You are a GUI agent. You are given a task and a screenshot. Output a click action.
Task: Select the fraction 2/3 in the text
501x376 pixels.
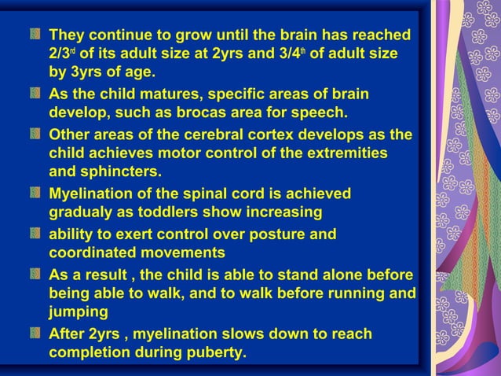coord(61,54)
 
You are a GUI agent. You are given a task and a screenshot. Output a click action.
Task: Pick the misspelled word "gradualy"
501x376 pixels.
coord(82,212)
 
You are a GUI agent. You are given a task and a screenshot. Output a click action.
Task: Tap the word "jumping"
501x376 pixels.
coord(79,311)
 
